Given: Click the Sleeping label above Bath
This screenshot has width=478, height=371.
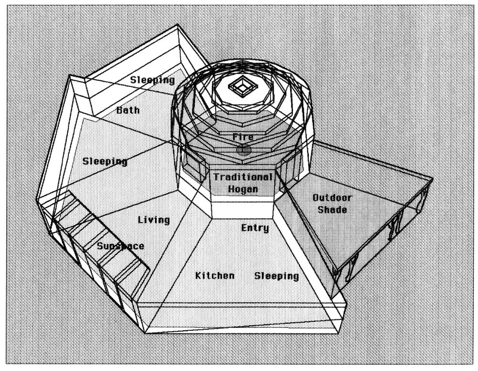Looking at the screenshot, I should point(153,80).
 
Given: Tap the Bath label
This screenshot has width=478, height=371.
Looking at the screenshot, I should point(128,110).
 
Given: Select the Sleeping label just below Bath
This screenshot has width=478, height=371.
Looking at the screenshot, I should point(105,161).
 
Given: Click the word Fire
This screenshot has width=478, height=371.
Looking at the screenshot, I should point(243,137).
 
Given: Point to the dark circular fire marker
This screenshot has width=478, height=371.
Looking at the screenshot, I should point(243,150).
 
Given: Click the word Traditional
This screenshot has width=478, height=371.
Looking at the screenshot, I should point(243,177).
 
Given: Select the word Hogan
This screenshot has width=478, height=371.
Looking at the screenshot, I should point(243,189).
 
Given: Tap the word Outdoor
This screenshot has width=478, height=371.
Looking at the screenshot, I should point(332,198).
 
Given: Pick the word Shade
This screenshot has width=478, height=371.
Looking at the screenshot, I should point(332,209).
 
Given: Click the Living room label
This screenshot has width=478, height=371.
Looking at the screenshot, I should point(154,220).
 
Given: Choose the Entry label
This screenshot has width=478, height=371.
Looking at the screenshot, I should point(255,228).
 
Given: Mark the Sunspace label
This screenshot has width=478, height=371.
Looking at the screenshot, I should point(120,246).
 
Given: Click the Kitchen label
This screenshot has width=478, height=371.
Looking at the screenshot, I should point(215,276).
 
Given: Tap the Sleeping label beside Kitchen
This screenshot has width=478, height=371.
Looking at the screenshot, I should point(276,276).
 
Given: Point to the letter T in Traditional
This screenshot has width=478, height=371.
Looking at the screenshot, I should point(217,177).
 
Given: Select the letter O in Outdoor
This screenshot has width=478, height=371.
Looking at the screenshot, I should point(315,198).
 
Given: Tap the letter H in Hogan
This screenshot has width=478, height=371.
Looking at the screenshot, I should point(231,189).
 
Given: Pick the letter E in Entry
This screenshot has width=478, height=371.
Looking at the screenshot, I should point(244,228).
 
